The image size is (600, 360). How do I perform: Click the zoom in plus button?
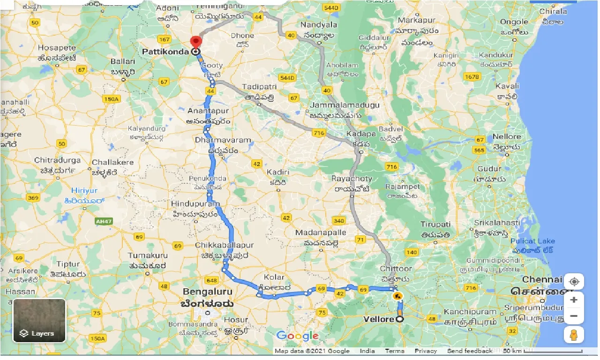tap(574, 300)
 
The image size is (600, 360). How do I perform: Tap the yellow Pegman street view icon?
tap(574, 335)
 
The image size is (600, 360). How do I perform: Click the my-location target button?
tap(574, 282)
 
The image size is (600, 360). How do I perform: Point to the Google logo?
tap(297, 336)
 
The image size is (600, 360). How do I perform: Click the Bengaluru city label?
tap(207, 292)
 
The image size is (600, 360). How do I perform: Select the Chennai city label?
tap(542, 279)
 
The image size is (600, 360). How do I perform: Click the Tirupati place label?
tap(435, 225)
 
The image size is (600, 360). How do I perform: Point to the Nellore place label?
tap(507, 137)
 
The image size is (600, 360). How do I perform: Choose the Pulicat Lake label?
tap(532, 241)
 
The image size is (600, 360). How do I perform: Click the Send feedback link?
tap(470, 351)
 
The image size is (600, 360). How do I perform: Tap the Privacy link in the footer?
tap(426, 351)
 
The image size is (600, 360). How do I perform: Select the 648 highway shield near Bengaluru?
tap(211, 280)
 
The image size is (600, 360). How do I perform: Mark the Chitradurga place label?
tap(57, 160)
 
